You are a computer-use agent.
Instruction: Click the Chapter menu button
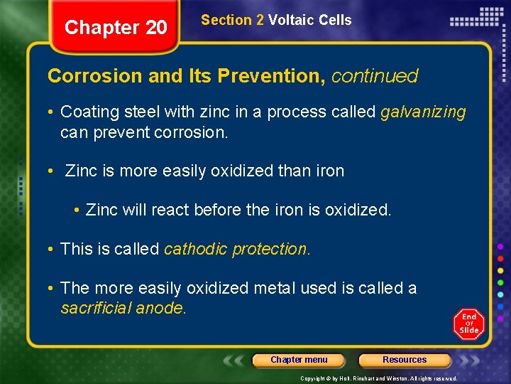[299, 360]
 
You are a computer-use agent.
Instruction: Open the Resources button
[405, 360]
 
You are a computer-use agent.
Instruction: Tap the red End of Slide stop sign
[468, 324]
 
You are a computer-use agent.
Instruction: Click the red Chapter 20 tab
[116, 28]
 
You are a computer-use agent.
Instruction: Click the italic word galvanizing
[423, 112]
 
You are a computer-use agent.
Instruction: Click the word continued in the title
[375, 75]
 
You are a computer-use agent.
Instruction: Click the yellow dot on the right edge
[500, 270]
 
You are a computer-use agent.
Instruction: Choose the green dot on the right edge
[500, 282]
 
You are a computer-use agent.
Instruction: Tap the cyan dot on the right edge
[500, 294]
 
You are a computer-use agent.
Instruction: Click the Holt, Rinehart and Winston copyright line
[379, 378]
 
